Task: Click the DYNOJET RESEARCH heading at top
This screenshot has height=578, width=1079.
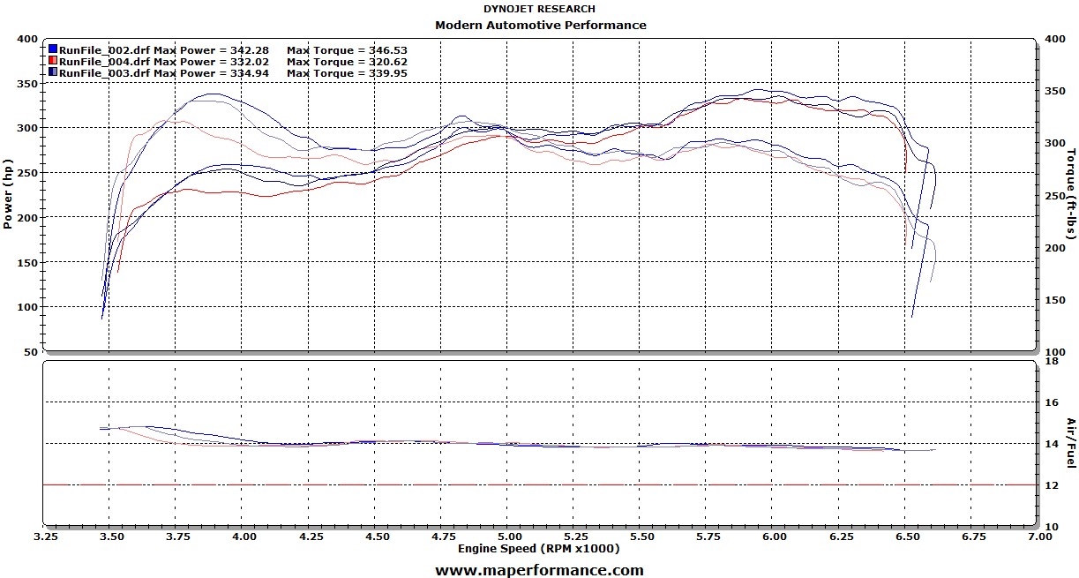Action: tap(539, 9)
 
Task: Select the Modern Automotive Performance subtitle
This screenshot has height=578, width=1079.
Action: tap(540, 25)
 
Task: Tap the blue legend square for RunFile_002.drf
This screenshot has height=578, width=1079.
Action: tap(53, 49)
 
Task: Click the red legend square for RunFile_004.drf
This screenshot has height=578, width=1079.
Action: tap(53, 61)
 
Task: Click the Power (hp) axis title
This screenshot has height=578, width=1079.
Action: tap(8, 194)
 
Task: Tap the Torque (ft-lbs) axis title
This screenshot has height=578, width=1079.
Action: tap(1070, 196)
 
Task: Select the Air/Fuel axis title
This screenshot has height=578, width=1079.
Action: tap(1070, 443)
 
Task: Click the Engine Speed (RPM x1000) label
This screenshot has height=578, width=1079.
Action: tap(538, 548)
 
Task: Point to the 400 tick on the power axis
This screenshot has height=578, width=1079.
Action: tap(26, 40)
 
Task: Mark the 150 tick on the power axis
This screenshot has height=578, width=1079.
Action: tap(26, 263)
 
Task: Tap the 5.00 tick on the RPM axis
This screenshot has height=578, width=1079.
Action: tap(507, 536)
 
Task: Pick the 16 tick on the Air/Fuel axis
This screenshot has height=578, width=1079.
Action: tap(1050, 402)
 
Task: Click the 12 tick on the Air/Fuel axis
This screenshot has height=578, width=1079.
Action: tap(1050, 484)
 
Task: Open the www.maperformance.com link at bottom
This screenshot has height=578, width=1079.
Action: tap(539, 570)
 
